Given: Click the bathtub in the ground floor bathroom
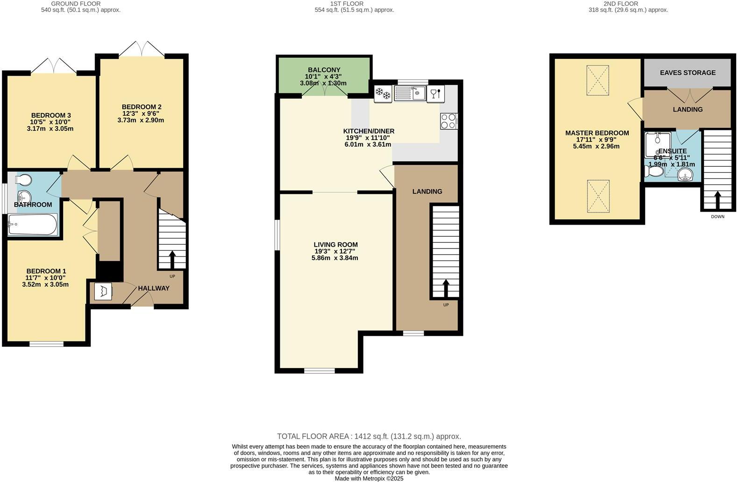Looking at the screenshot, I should pos(33,225).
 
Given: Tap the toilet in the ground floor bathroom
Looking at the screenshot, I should pos(24,180).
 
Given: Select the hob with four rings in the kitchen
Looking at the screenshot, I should pos(448,121).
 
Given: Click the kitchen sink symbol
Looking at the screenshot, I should pos(410,93).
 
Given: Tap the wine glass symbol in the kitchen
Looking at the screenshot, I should pos(434,94).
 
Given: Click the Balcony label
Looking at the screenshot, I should pos(324,70).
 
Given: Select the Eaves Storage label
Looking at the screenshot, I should pos(687,73).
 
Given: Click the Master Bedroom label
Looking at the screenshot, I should pos(597,133).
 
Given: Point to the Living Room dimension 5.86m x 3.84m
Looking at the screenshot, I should pos(334,258).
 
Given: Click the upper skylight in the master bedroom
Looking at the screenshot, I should pos(598,80).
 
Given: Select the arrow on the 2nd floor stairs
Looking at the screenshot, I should pos(718,200).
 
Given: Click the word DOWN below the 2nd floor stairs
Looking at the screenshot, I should pos(718,217).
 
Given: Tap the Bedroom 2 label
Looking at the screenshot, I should pos(141,107).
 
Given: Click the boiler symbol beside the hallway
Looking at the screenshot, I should pos(103,292).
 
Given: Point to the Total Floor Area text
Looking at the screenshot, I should pos(369,436).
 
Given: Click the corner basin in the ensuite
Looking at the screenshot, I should pos(685,176).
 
